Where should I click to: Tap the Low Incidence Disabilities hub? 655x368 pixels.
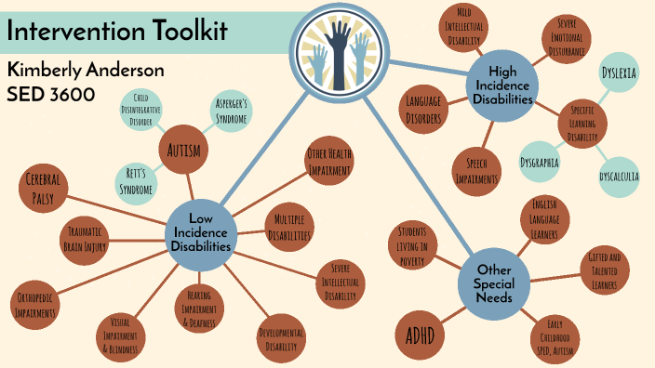202,231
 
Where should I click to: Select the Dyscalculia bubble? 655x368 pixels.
617,175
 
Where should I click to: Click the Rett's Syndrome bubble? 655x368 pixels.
139,180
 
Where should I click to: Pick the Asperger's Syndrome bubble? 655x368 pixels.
231,111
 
